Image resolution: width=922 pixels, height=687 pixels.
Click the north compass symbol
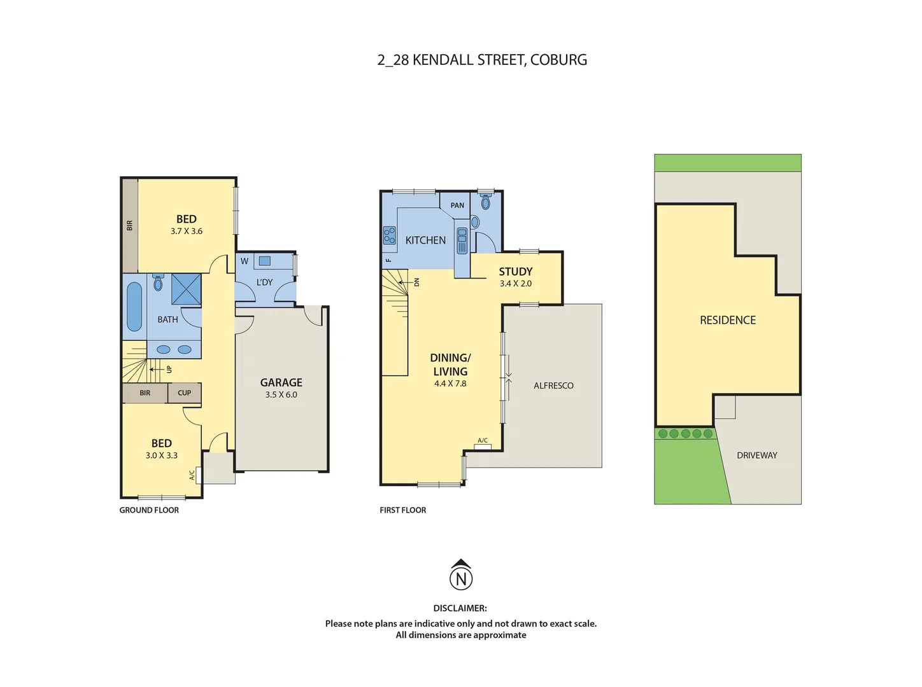pyautogui.click(x=461, y=577)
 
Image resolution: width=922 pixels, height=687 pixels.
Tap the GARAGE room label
pyautogui.click(x=281, y=382)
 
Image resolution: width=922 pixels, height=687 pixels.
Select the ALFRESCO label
pyautogui.click(x=553, y=385)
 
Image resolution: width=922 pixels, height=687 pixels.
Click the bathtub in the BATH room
pyautogui.click(x=134, y=307)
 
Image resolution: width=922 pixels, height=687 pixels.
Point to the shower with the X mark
pyautogui.click(x=186, y=289)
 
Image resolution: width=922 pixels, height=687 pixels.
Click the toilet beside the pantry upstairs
pyautogui.click(x=486, y=203)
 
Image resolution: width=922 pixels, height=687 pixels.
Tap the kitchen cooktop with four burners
pyautogui.click(x=389, y=236)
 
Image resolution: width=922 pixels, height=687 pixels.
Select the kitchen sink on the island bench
pyautogui.click(x=462, y=240)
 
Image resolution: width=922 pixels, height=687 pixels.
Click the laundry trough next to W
pyautogui.click(x=264, y=261)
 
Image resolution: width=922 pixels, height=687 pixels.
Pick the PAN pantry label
pyautogui.click(x=457, y=205)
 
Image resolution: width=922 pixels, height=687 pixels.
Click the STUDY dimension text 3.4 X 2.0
pyautogui.click(x=515, y=284)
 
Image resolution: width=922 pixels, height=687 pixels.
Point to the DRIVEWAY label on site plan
pyautogui.click(x=756, y=455)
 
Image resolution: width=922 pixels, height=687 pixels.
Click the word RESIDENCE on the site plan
pyautogui.click(x=728, y=320)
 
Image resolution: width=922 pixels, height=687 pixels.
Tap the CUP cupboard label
pyautogui.click(x=184, y=393)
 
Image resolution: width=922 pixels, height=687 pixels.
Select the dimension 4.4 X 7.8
pyautogui.click(x=450, y=384)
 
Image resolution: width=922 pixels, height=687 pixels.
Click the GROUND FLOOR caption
pyautogui.click(x=149, y=510)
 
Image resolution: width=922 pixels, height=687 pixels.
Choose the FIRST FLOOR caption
pyautogui.click(x=402, y=510)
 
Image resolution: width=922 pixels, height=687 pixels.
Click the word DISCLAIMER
pyautogui.click(x=460, y=608)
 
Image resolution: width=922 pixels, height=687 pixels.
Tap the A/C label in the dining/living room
pyautogui.click(x=483, y=440)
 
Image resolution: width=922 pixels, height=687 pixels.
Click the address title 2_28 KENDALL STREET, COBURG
pyautogui.click(x=482, y=60)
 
